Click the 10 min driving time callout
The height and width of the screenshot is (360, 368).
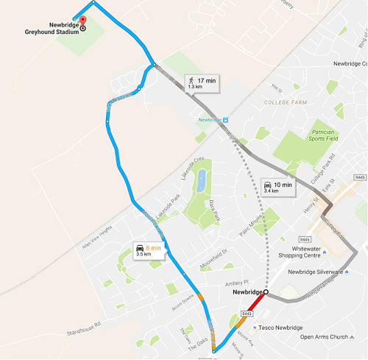277,187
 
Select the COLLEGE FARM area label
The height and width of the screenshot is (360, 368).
283,104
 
